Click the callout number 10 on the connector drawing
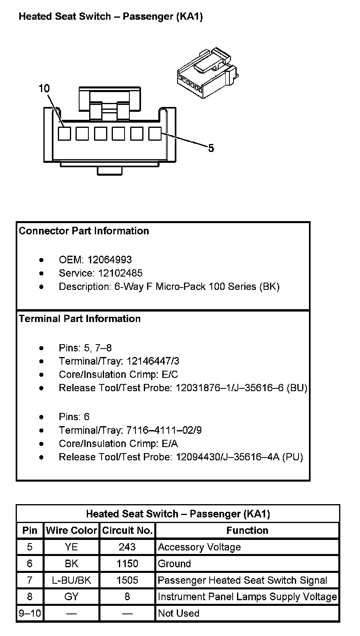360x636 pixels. pyautogui.click(x=44, y=88)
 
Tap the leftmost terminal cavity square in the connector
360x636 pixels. pyautogui.click(x=64, y=133)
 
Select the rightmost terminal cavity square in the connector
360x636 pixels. pyautogui.click(x=155, y=133)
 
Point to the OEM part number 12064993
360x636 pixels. pyautogui.click(x=110, y=260)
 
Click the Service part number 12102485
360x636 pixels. pyautogui.click(x=121, y=273)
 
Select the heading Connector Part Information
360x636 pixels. pyautogui.click(x=84, y=231)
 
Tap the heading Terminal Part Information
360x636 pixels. pyautogui.click(x=80, y=319)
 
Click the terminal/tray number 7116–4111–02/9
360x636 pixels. pyautogui.click(x=164, y=431)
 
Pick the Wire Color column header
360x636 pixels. pyautogui.click(x=72, y=530)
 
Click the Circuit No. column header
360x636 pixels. pyautogui.click(x=127, y=530)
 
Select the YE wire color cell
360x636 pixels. pyautogui.click(x=72, y=547)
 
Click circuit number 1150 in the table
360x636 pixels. pyautogui.click(x=127, y=564)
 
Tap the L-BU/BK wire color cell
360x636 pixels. pyautogui.click(x=72, y=580)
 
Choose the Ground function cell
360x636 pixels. pyautogui.click(x=174, y=564)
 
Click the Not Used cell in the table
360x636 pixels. pyautogui.click(x=179, y=613)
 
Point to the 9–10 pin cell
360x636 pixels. pyautogui.click(x=30, y=613)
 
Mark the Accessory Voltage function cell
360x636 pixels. pyautogui.click(x=199, y=547)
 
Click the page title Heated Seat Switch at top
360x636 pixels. pyautogui.click(x=111, y=16)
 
